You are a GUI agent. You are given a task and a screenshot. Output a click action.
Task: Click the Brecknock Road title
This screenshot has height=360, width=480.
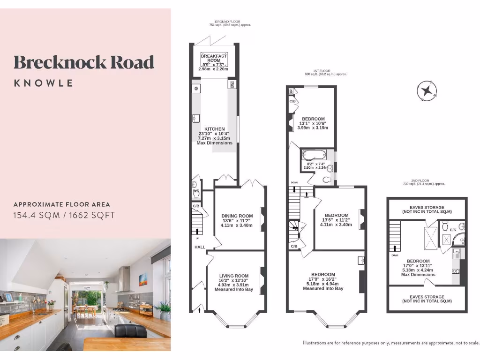pos(84,62)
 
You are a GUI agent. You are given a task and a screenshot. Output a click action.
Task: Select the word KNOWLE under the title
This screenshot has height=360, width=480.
pos(44,83)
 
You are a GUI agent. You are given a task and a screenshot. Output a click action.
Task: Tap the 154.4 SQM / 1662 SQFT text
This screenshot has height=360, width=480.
pos(64,216)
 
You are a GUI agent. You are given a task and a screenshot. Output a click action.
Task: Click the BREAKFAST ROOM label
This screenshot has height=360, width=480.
pos(214,58)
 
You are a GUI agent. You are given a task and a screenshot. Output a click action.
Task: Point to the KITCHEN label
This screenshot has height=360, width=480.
pos(215,129)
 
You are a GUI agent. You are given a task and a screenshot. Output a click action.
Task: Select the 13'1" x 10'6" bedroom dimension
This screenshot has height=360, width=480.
pos(314,124)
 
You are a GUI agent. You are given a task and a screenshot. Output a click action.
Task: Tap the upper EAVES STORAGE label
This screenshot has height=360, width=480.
pos(427,207)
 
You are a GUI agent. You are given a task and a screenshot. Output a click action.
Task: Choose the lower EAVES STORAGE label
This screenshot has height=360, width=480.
pos(427,299)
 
